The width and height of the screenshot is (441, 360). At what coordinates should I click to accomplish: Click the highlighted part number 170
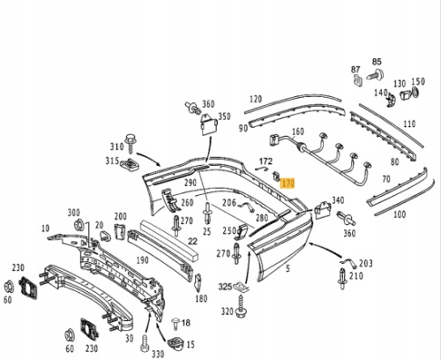click(x=288, y=184)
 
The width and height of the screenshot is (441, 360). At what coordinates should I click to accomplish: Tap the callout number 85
click(x=377, y=62)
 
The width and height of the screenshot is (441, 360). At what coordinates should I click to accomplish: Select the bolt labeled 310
click(x=130, y=143)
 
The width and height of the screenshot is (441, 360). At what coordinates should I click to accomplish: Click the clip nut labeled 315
click(x=130, y=165)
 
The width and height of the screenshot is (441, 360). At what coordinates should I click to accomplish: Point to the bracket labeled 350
click(x=209, y=124)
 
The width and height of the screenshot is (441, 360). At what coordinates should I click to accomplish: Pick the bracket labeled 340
click(x=323, y=209)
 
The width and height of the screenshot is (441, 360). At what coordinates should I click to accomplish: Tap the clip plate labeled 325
click(x=242, y=287)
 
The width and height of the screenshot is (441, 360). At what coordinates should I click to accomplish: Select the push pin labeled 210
click(x=342, y=279)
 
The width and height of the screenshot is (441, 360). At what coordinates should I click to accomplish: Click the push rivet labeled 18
click(x=176, y=324)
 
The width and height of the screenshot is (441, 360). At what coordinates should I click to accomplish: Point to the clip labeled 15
click(x=176, y=344)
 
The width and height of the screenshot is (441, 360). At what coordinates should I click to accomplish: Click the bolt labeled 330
click(x=145, y=343)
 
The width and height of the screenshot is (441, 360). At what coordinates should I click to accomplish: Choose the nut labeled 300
click(x=78, y=225)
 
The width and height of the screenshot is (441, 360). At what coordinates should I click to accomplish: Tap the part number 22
click(x=192, y=242)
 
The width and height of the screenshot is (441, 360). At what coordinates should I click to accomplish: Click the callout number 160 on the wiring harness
click(x=297, y=131)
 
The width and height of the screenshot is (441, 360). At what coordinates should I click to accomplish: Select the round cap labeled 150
click(x=415, y=93)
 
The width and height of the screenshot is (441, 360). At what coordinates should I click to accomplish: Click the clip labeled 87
click(x=357, y=80)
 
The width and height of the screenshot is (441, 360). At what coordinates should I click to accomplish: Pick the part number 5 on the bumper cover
click(x=288, y=268)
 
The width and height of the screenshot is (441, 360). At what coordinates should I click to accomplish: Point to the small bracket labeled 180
click(x=198, y=283)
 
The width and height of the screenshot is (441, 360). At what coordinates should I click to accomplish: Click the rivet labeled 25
click(x=208, y=214)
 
